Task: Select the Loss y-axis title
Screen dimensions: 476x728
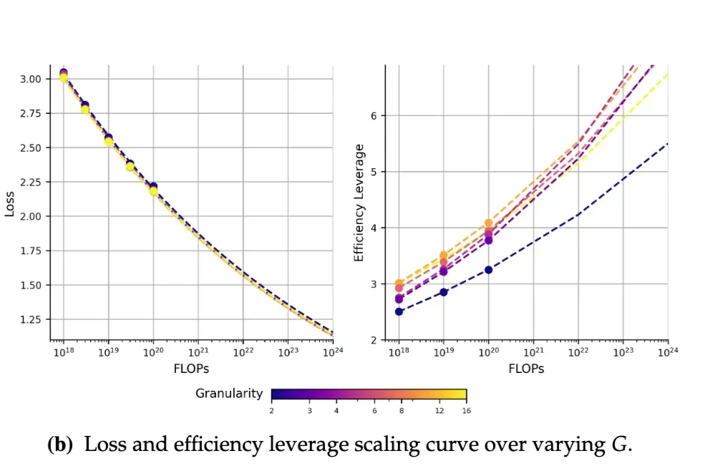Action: click(9, 203)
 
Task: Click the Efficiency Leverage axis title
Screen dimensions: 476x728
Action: click(359, 203)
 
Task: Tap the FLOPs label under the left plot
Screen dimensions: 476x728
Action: click(191, 369)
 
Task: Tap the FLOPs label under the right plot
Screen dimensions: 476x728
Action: click(526, 369)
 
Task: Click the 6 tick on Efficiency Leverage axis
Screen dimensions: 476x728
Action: click(372, 116)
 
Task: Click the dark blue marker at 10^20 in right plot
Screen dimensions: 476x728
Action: click(488, 270)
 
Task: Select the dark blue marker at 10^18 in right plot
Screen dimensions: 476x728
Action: click(399, 311)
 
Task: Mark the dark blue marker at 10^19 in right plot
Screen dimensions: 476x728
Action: click(443, 292)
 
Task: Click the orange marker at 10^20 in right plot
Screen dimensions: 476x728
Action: click(489, 223)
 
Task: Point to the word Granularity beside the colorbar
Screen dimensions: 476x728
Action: click(229, 394)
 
